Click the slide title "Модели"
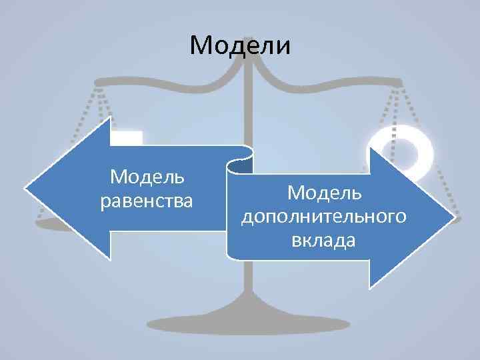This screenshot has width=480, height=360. click(240, 45)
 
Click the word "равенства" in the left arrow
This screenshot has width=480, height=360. click(146, 200)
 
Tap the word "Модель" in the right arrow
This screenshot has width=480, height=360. click(324, 193)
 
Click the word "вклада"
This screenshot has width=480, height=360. click(323, 241)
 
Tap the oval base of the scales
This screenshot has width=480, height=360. click(248, 325)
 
